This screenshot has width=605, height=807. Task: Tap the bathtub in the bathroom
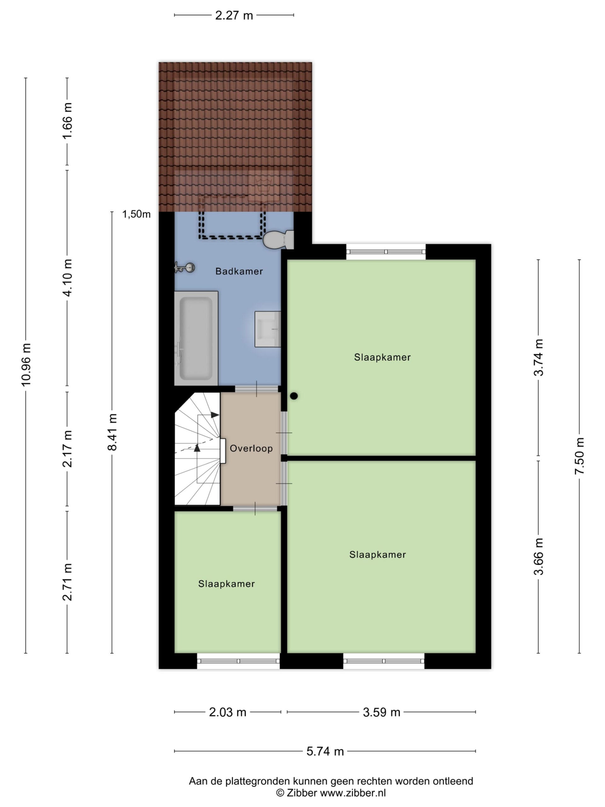pyautogui.click(x=196, y=338)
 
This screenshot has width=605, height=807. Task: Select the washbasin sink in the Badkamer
pyautogui.click(x=268, y=329)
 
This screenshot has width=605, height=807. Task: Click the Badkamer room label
pyautogui.click(x=239, y=271)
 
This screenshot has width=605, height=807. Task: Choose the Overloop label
pyautogui.click(x=251, y=448)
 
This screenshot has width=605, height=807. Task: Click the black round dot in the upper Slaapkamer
pyautogui.click(x=294, y=396)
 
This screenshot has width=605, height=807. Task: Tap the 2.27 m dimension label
pyautogui.click(x=234, y=15)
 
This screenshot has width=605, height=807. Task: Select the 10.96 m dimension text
pyautogui.click(x=26, y=364)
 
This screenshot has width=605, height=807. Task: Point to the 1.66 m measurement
pyautogui.click(x=67, y=121)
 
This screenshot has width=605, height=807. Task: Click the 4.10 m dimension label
pyautogui.click(x=67, y=278)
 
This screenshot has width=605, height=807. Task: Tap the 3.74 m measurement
pyautogui.click(x=539, y=357)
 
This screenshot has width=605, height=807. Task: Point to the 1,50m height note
pyautogui.click(x=136, y=214)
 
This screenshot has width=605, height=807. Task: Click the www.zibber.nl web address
pyautogui.click(x=353, y=792)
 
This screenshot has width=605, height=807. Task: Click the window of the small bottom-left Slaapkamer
pyautogui.click(x=239, y=661)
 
